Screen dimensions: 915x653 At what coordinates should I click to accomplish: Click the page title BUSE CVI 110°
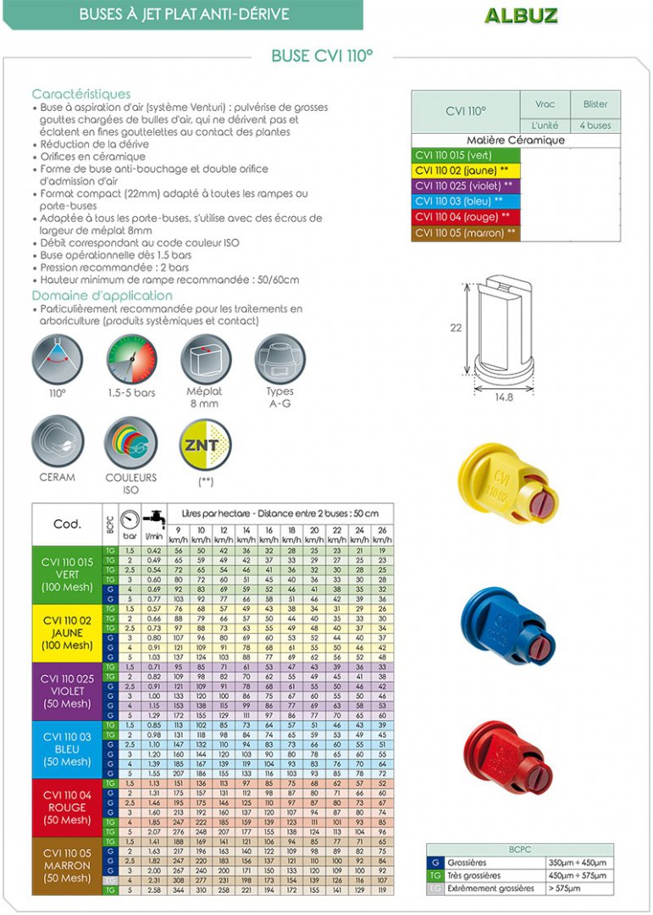(322, 56)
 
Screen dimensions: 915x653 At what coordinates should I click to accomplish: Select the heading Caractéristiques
(81, 94)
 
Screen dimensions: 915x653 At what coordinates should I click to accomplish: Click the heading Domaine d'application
(102, 296)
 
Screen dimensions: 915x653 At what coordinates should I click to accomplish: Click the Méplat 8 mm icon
(205, 358)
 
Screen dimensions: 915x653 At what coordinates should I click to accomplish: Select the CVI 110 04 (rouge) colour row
(465, 217)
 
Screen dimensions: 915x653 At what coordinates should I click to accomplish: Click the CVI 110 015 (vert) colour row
(465, 155)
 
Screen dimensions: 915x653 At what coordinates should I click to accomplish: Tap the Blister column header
(595, 104)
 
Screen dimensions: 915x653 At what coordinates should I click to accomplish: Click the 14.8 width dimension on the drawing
(504, 396)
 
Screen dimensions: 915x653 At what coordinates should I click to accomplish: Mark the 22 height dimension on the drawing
(456, 328)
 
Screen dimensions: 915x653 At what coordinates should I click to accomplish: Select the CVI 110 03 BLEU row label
(67, 749)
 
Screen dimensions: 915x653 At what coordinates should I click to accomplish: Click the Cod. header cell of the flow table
(67, 524)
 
